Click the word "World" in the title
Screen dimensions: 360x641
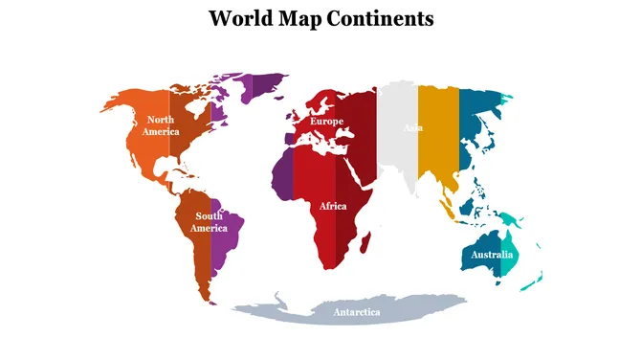[x=238, y=18]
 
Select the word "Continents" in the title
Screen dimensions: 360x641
[x=382, y=18]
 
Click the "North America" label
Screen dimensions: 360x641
[x=161, y=125]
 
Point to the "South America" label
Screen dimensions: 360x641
[x=209, y=222]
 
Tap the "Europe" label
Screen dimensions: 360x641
[x=326, y=122]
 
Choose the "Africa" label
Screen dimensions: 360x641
[x=333, y=206]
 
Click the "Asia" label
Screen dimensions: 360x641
[x=413, y=127]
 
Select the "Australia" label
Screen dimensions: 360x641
[x=493, y=255]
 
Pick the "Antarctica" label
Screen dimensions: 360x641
[x=356, y=312]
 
